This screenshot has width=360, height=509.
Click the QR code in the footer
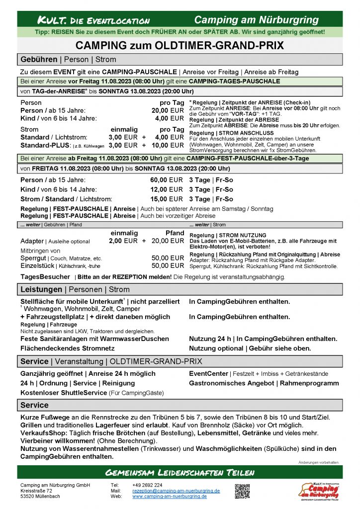[242, 490]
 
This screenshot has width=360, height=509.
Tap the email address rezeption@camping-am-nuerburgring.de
[176, 491]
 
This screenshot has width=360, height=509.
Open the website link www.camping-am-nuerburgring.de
[170, 496]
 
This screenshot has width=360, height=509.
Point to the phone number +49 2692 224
[147, 485]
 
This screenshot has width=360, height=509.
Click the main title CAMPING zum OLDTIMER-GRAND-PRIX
[180, 46]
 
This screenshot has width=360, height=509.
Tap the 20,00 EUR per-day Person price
[168, 110]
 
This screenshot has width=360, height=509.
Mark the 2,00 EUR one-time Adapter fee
[123, 241]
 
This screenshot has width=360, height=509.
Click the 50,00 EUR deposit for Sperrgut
[168, 258]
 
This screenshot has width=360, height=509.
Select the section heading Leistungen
[41, 289]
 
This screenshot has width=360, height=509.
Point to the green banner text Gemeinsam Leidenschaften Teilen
[180, 471]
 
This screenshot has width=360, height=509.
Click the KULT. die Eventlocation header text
[94, 20]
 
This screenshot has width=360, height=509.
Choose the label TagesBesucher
[45, 277]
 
